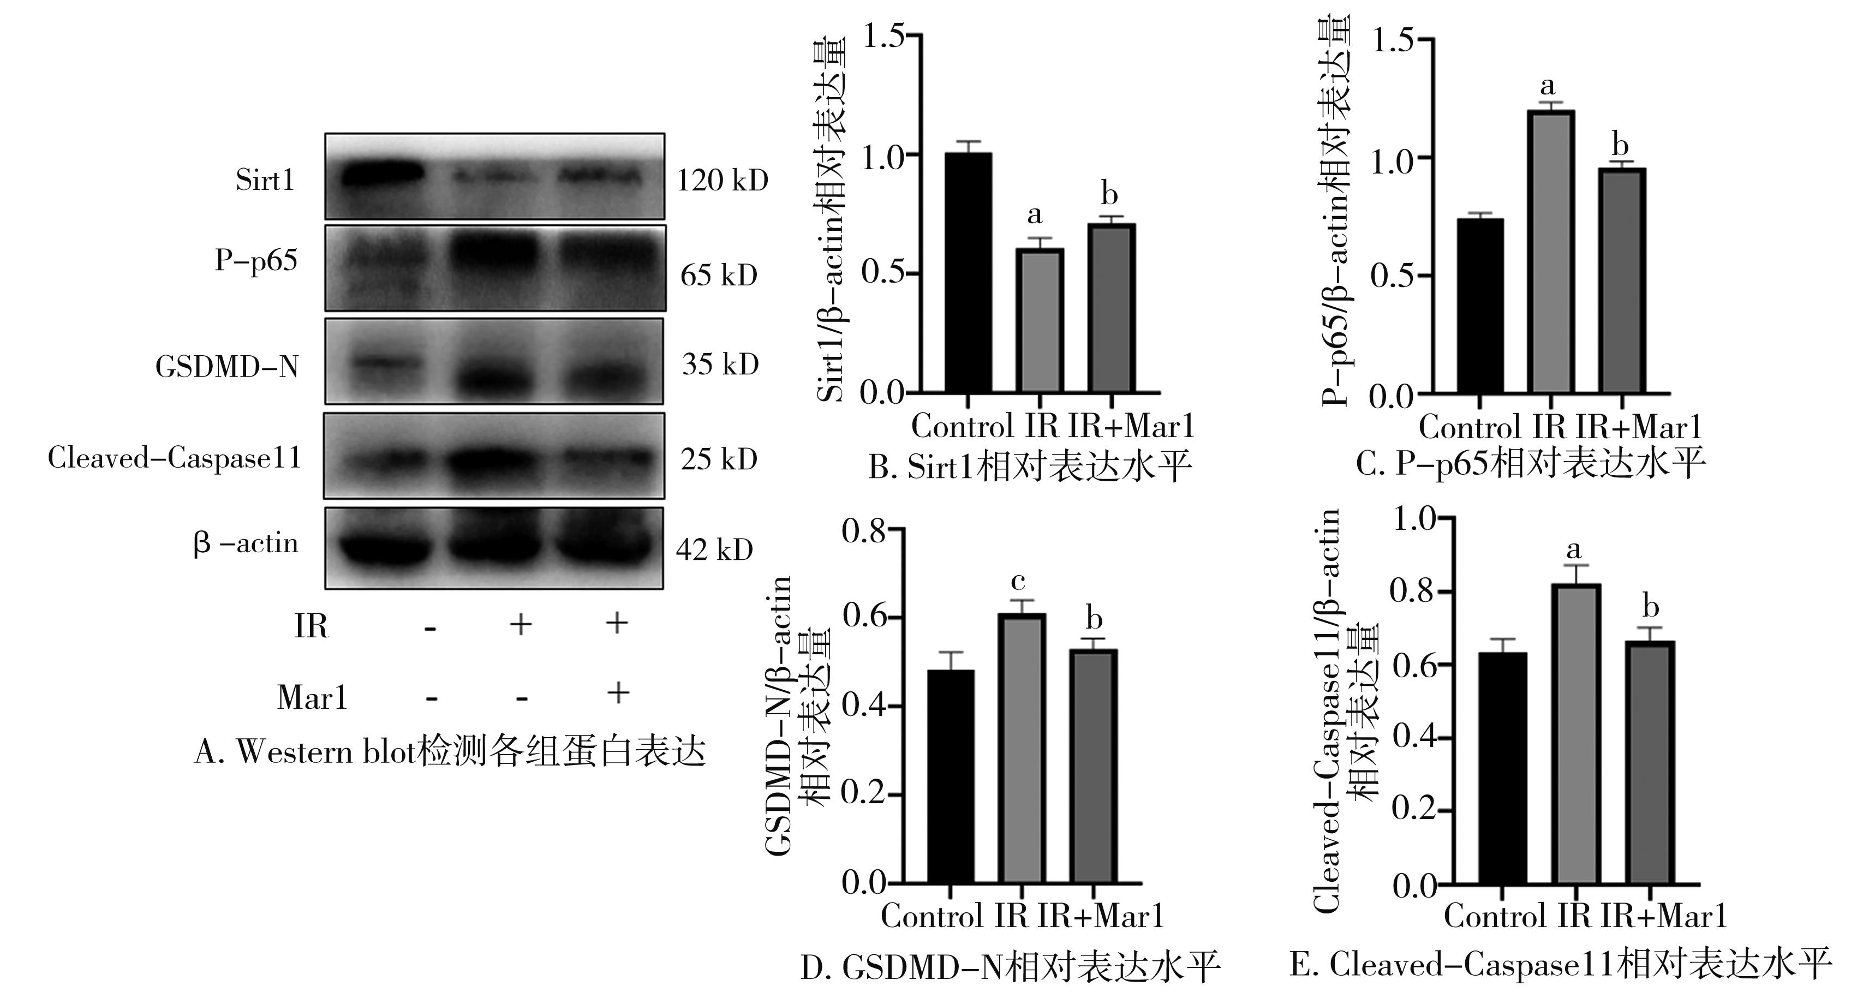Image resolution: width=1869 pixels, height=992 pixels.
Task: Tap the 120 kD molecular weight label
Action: [x=722, y=180]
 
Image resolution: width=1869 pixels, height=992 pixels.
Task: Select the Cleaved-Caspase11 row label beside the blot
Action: [x=174, y=458]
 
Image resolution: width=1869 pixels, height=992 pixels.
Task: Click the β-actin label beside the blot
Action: [x=245, y=543]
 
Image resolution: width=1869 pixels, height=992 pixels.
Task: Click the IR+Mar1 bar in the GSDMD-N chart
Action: [x=1094, y=766]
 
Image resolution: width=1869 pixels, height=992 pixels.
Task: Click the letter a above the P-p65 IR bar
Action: [x=1547, y=86]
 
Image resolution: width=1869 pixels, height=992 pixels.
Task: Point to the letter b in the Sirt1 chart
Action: [x=1109, y=194]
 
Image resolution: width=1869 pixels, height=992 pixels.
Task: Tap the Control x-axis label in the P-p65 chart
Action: [x=1469, y=427]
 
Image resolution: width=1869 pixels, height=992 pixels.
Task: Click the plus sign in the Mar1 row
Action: [x=617, y=692]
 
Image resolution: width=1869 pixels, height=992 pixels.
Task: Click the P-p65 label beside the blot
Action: [x=255, y=260]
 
